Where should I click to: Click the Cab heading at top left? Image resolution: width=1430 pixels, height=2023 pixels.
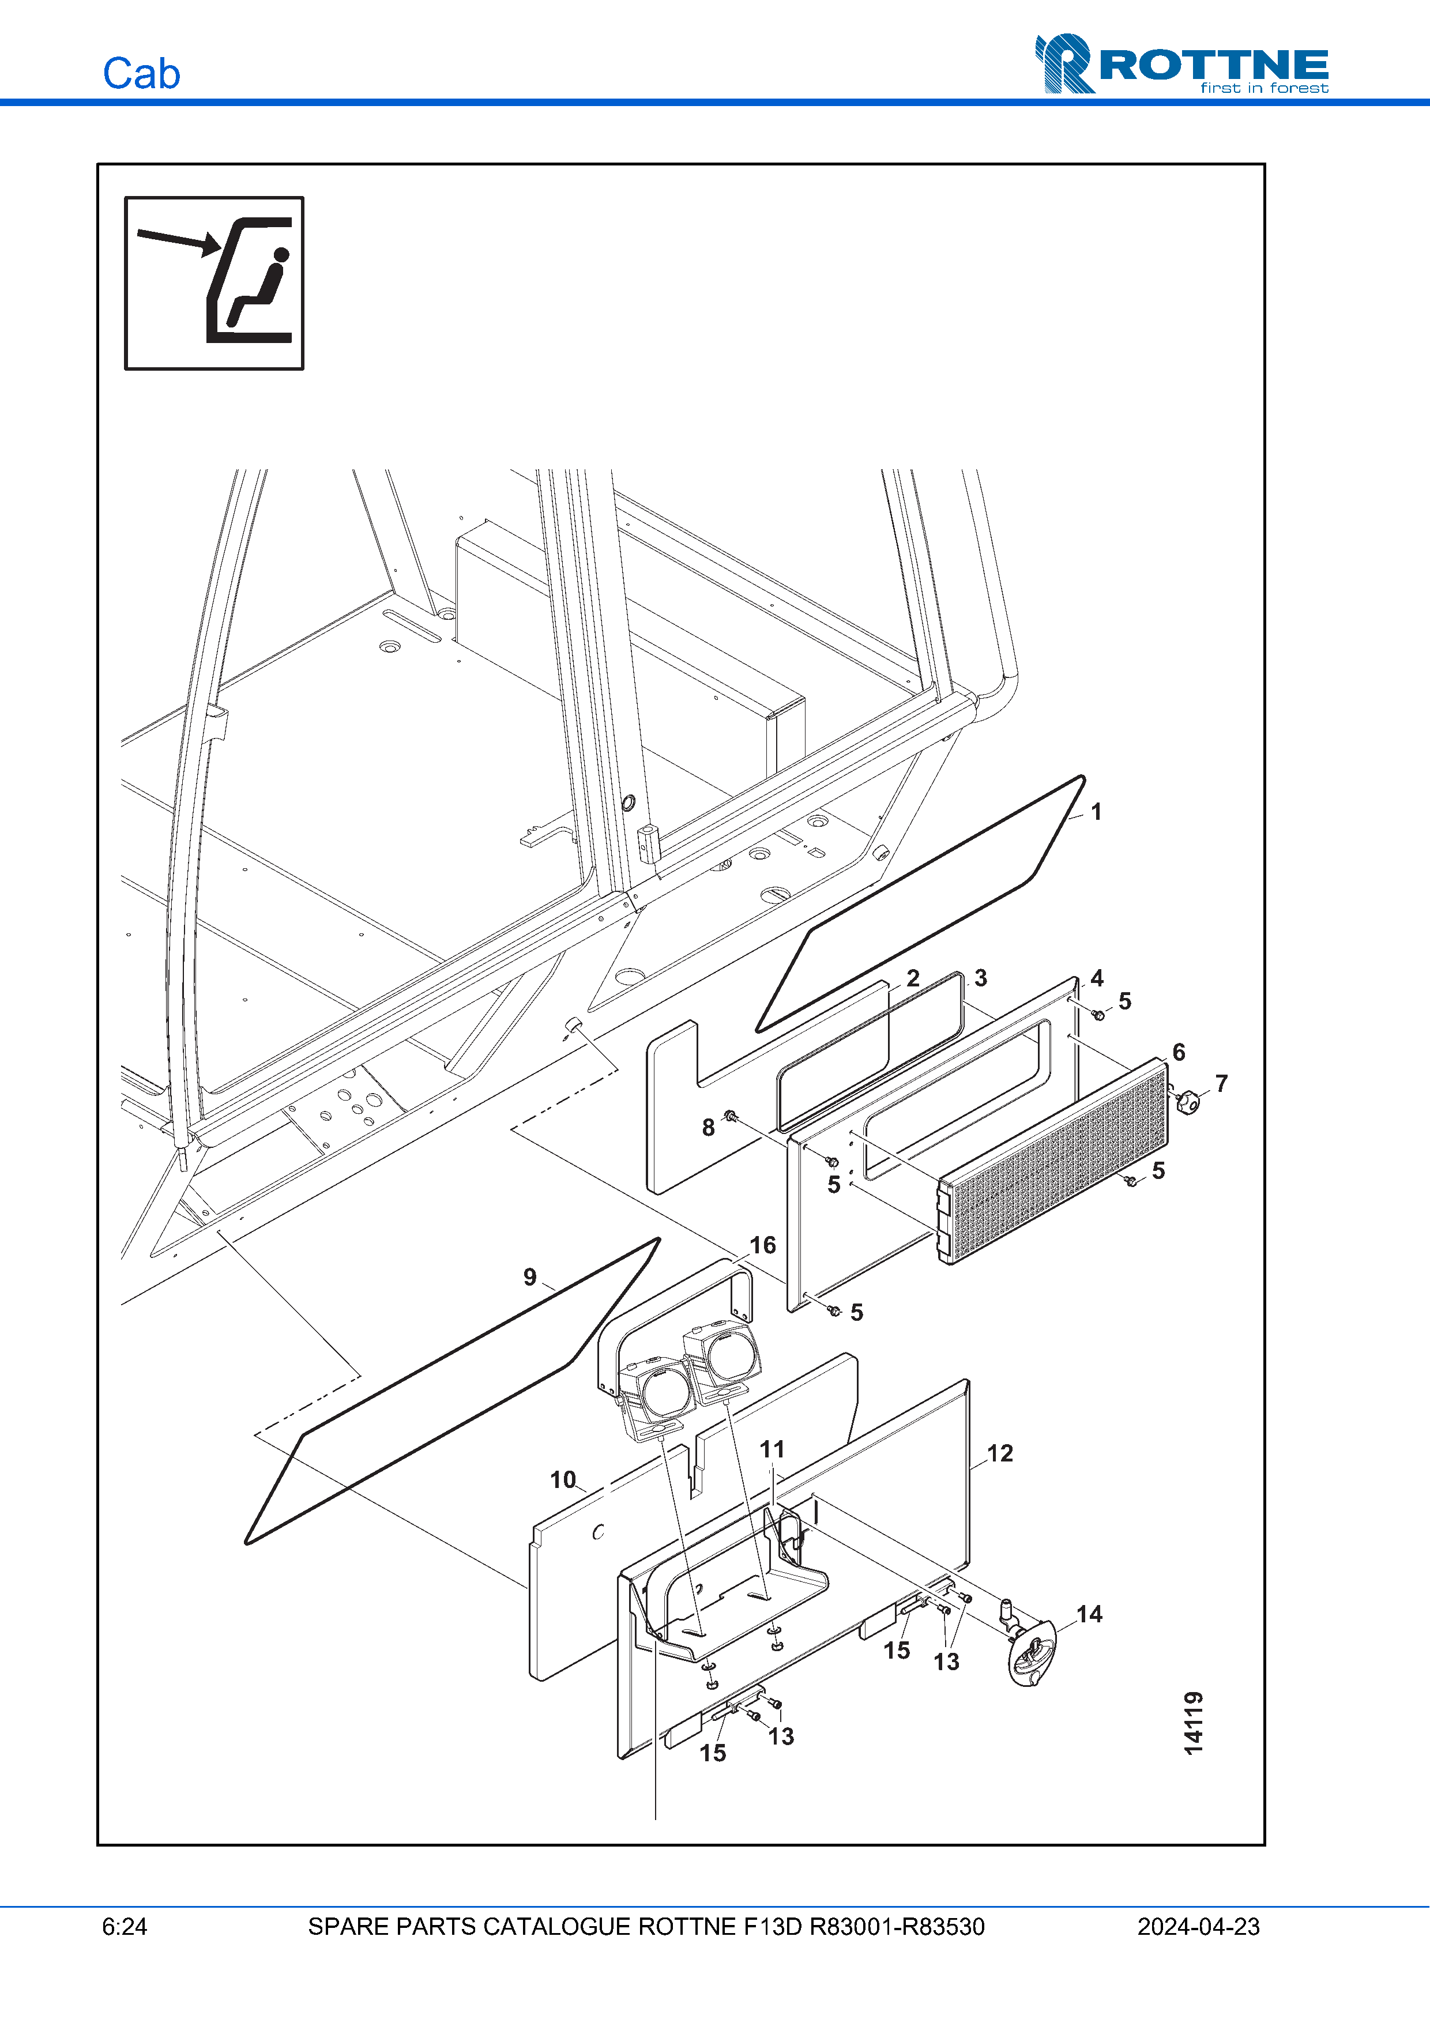[141, 73]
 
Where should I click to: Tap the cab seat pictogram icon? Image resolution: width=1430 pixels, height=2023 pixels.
[214, 283]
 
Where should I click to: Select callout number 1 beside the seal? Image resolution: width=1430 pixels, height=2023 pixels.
[1096, 812]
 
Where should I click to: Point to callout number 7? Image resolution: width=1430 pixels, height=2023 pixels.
[1221, 1083]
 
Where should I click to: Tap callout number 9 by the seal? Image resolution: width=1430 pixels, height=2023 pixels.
[529, 1277]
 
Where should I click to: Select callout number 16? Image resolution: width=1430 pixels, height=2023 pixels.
[762, 1245]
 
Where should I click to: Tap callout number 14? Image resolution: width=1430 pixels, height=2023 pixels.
[1089, 1614]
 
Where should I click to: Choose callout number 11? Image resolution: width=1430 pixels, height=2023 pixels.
[772, 1449]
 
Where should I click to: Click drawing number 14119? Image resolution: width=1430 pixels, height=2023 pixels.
[1193, 1723]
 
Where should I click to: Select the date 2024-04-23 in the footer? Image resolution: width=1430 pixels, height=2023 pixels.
[1198, 1927]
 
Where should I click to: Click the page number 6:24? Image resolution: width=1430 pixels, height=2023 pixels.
[124, 1927]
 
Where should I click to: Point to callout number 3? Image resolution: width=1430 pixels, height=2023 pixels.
[981, 978]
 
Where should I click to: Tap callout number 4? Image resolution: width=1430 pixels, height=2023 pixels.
[1096, 978]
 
